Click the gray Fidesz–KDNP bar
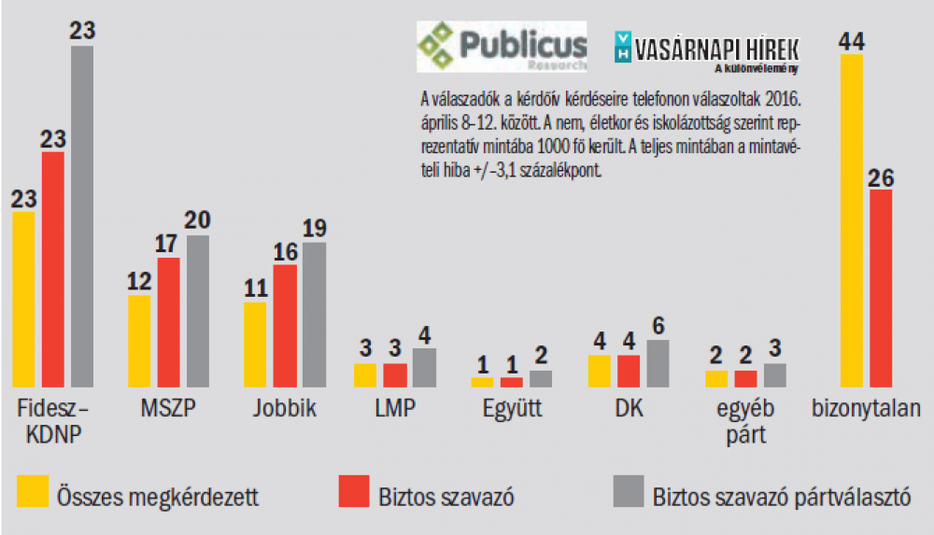click(82, 216)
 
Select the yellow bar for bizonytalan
click(851, 220)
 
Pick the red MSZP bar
click(168, 322)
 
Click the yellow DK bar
click(599, 371)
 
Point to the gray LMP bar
click(424, 368)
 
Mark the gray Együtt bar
click(541, 378)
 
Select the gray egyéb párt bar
click(775, 375)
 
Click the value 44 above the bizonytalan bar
click(851, 40)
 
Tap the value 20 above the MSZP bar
click(197, 221)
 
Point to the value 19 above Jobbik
click(314, 229)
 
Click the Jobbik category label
click(285, 409)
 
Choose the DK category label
click(629, 409)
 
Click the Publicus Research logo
click(502, 47)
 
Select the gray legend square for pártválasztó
click(628, 492)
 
